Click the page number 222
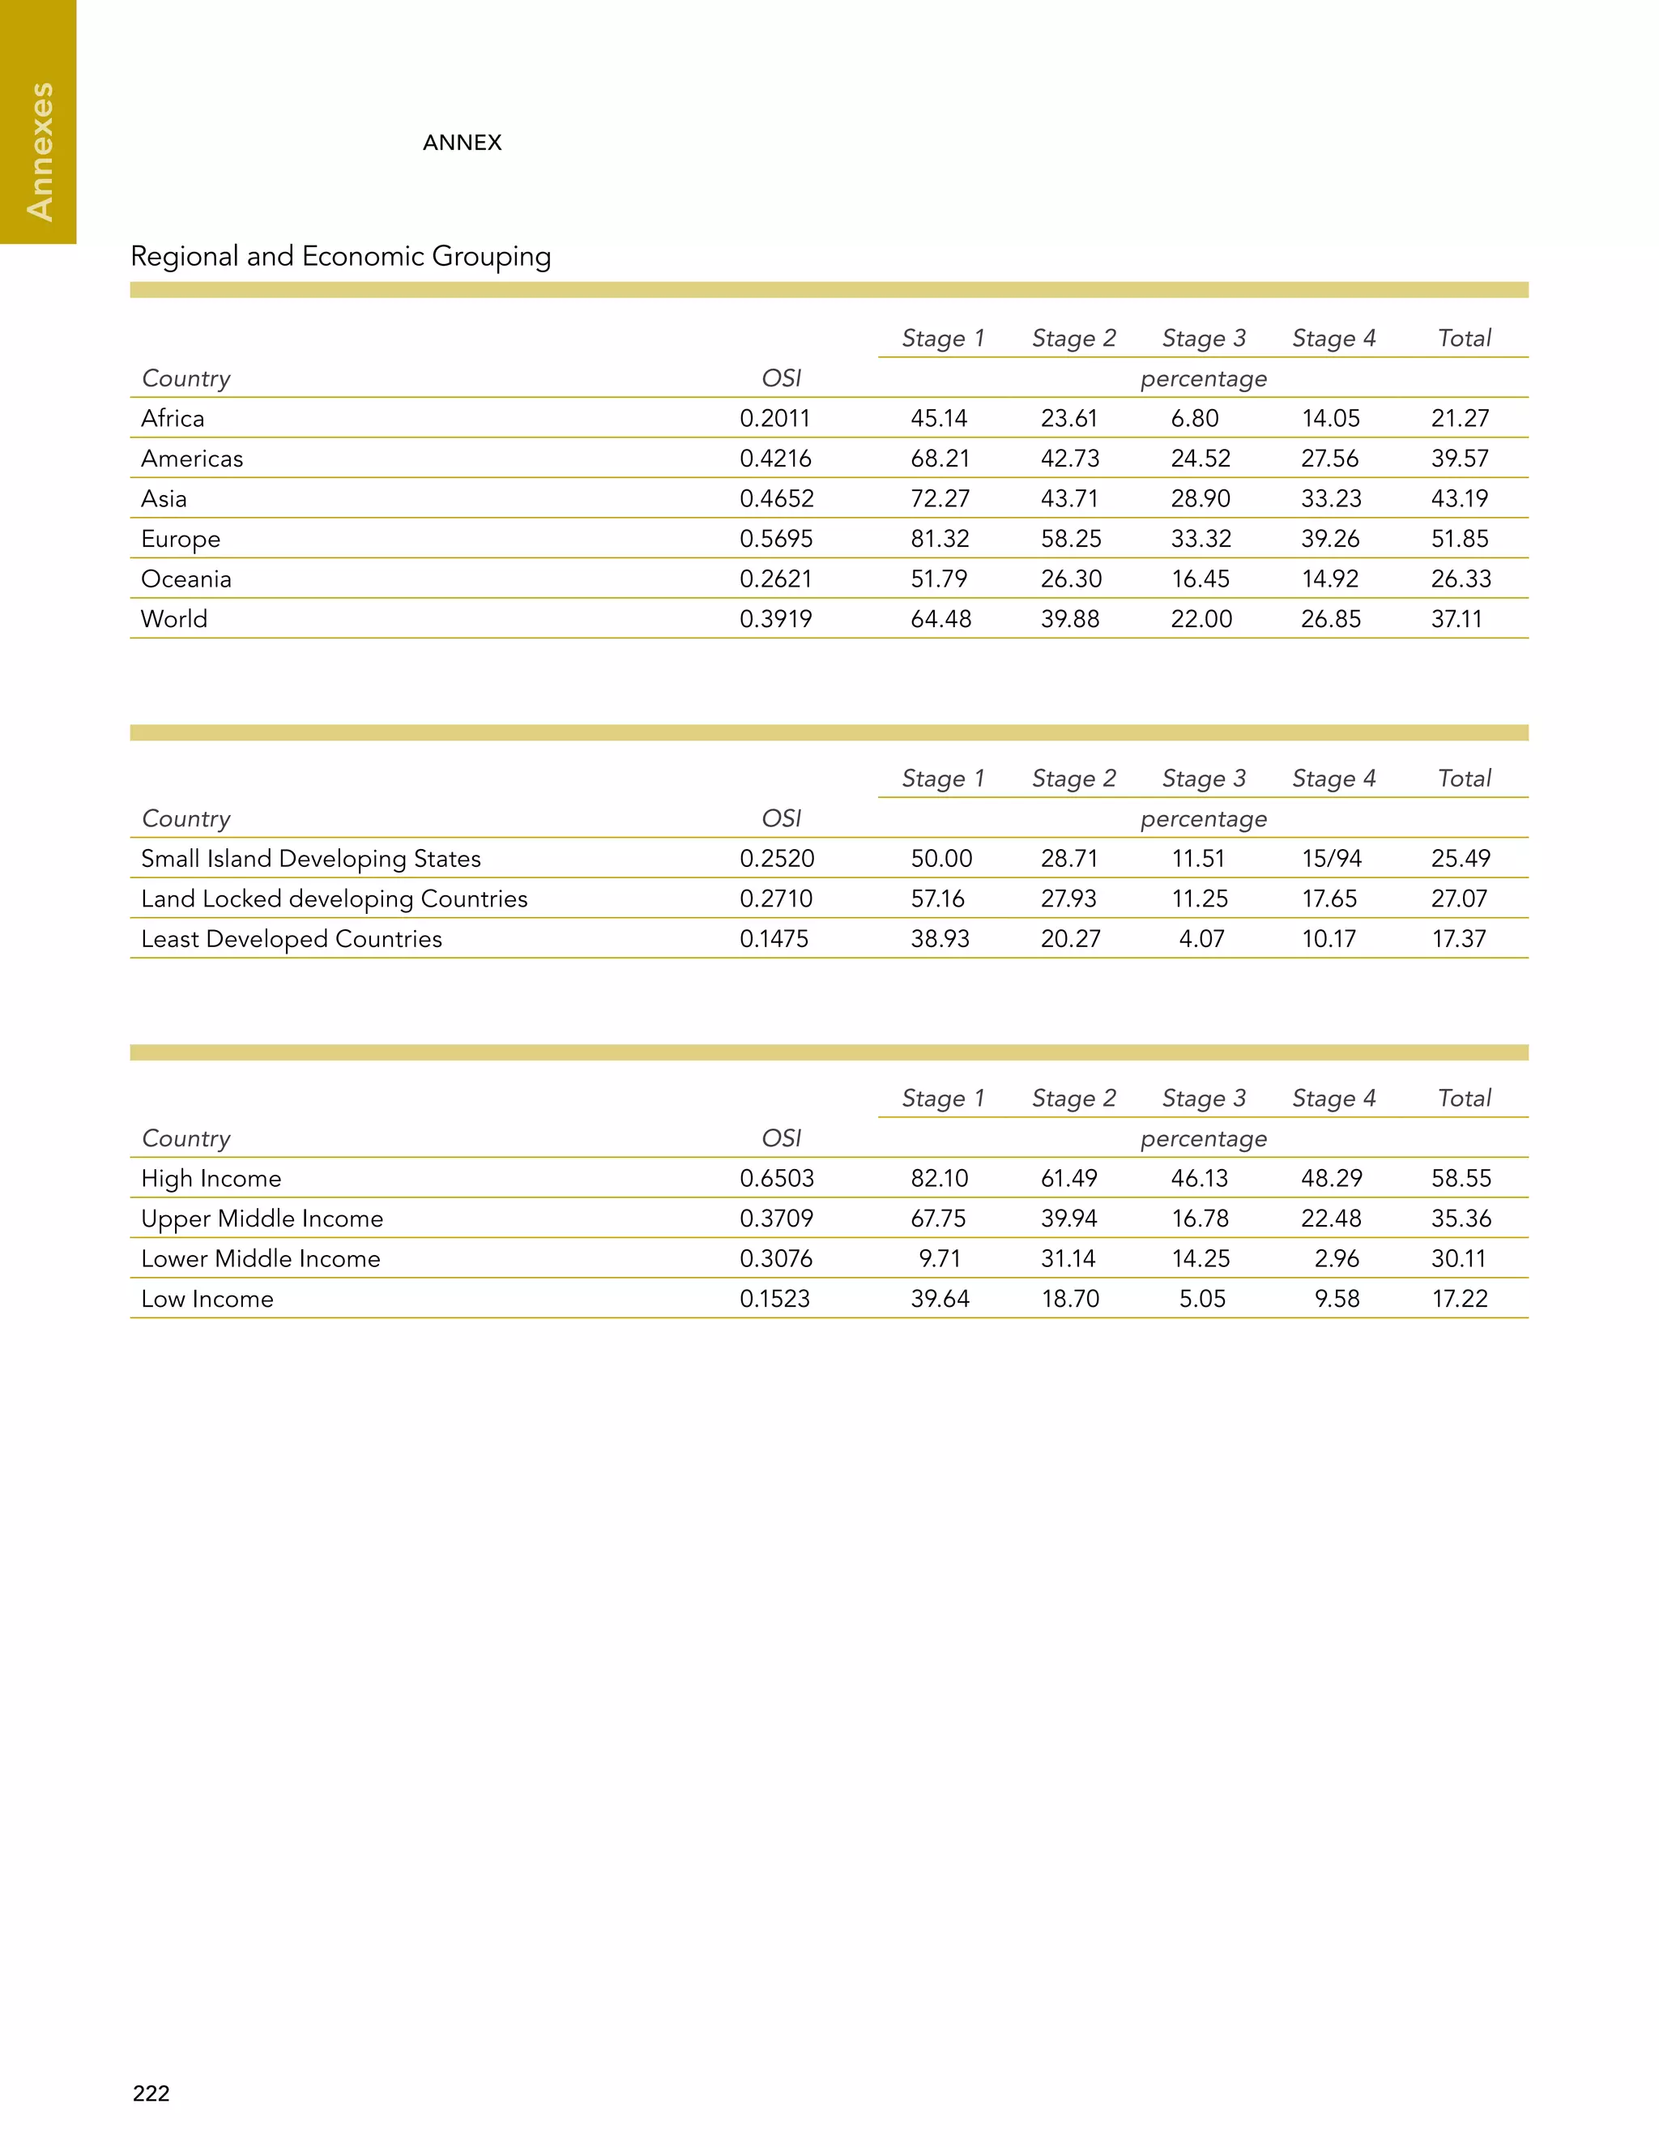[x=151, y=2093]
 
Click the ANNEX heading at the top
[x=462, y=143]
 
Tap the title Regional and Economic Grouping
[x=340, y=257]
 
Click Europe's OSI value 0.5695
[x=775, y=539]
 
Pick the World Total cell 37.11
[x=1456, y=619]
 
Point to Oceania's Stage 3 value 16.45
[x=1200, y=579]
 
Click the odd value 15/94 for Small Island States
[x=1331, y=858]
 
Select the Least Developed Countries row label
[x=291, y=939]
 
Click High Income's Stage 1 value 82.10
[x=939, y=1178]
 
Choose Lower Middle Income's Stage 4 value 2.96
[x=1337, y=1258]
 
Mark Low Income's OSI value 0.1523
[x=774, y=1299]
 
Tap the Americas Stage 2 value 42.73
[x=1069, y=459]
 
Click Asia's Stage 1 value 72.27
[x=940, y=498]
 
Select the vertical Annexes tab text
[x=40, y=152]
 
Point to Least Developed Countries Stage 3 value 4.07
[x=1201, y=939]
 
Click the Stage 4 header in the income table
[x=1333, y=1098]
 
